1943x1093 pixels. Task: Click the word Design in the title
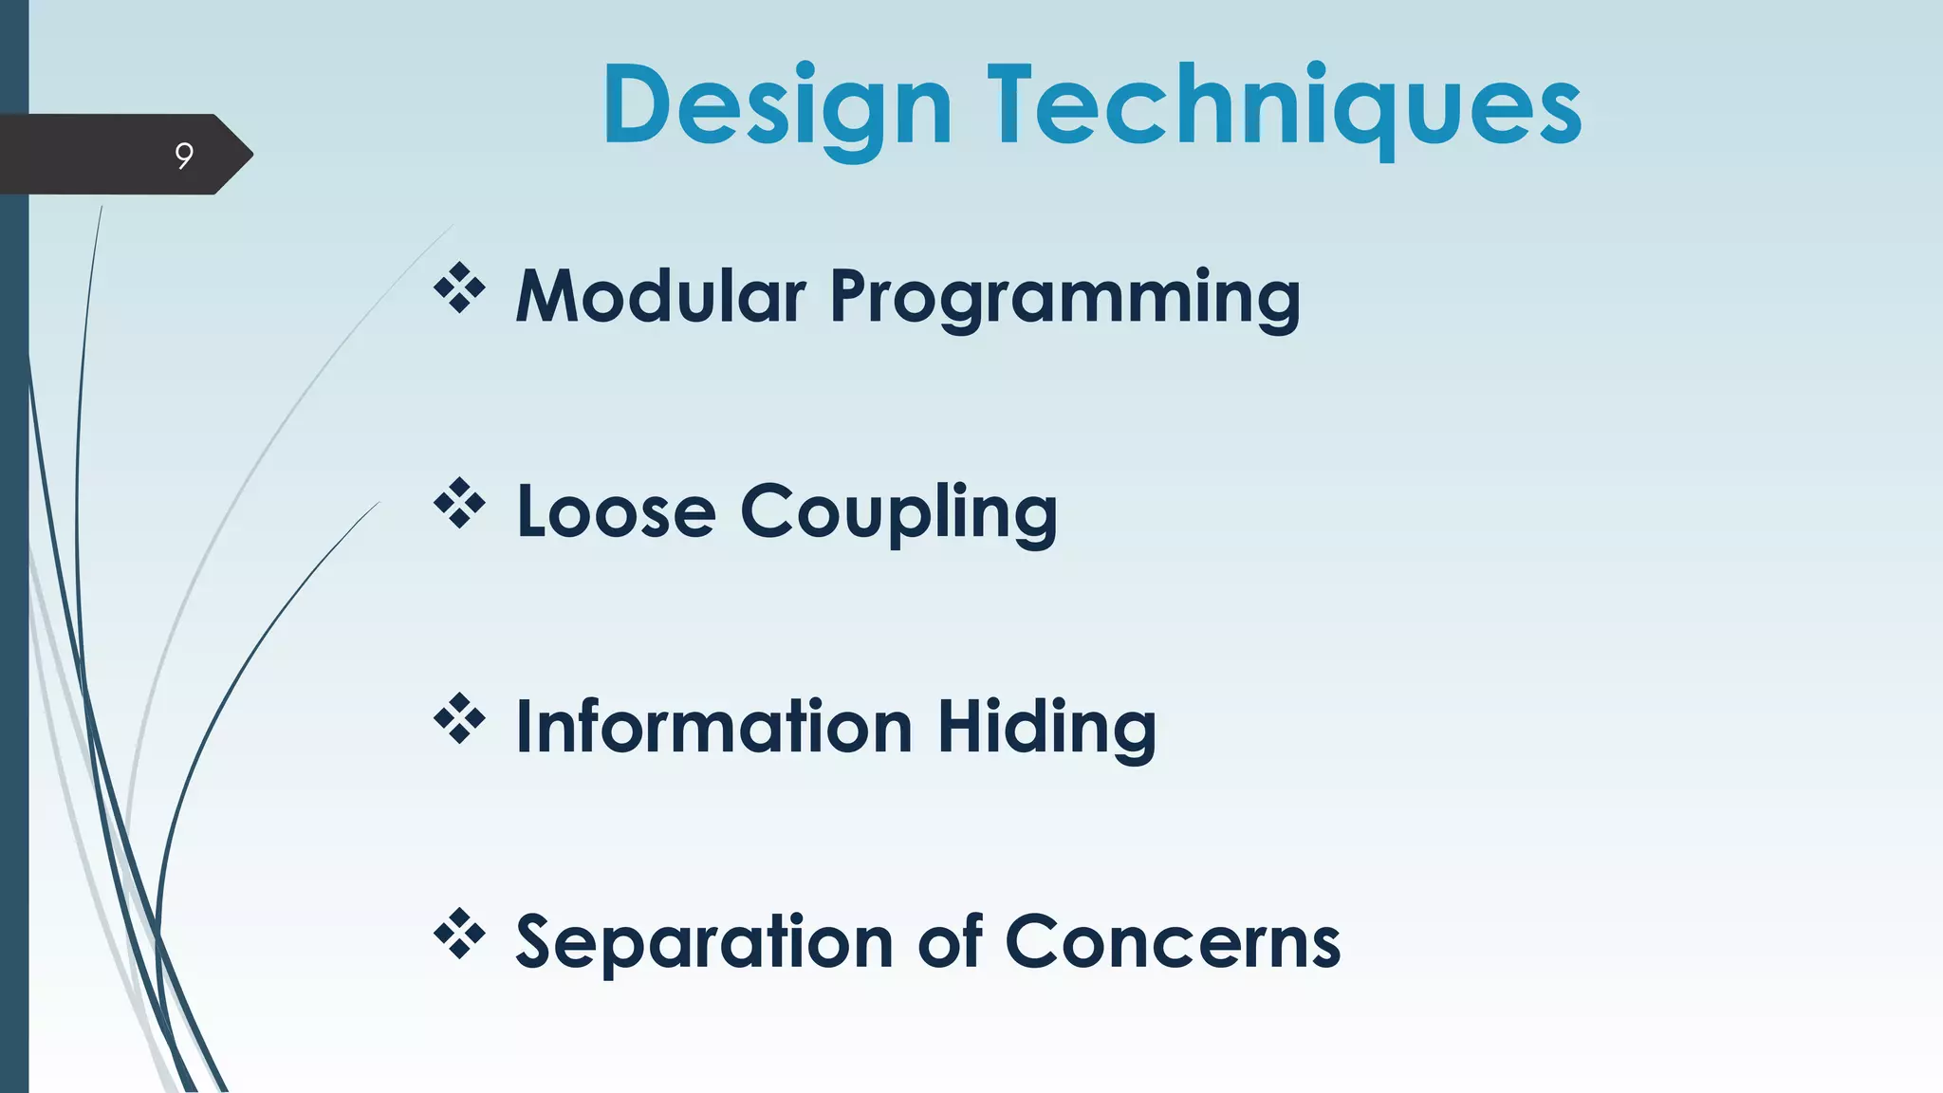776,106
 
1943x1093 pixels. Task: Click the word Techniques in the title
1284,106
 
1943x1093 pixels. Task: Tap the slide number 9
184,155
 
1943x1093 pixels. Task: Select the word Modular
660,296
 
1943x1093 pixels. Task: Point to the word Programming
1064,299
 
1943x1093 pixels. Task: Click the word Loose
616,512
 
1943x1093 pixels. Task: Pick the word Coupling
897,514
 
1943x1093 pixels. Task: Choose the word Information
713,727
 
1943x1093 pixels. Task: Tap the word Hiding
1046,729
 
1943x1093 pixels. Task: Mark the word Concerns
1173,943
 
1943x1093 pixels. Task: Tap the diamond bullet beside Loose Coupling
459,504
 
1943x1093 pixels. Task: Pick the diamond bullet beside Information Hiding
459,719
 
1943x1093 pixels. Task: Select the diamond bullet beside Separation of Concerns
459,935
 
